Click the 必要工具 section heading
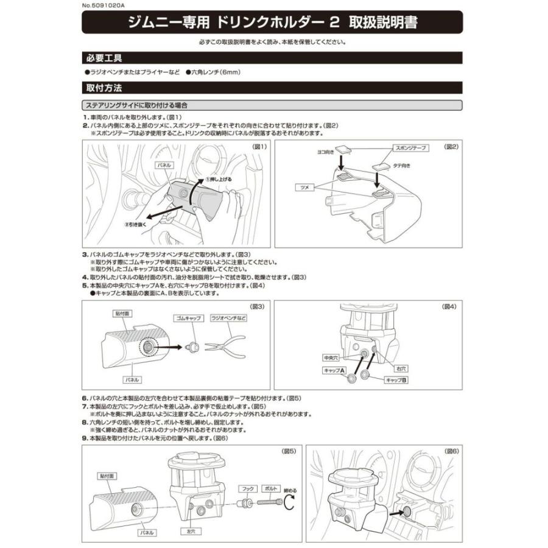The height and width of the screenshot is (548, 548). (x=105, y=58)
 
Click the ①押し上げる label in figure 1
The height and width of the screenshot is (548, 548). (x=217, y=180)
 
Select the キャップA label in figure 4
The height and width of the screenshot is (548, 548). (x=334, y=370)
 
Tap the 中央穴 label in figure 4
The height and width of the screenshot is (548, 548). (x=331, y=357)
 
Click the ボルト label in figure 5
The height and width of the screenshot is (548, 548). (x=270, y=488)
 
